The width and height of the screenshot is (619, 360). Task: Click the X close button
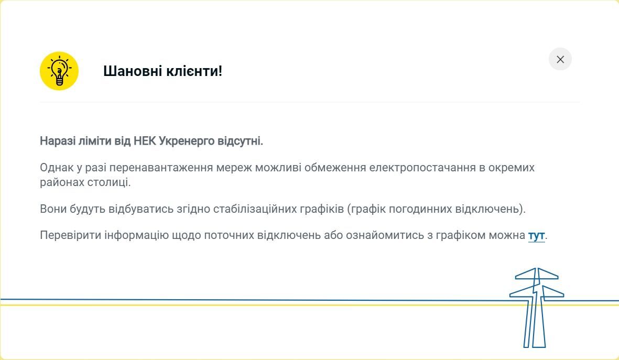coord(560,59)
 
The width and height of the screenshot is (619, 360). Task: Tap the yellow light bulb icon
coord(59,71)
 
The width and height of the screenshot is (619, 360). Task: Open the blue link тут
coord(536,235)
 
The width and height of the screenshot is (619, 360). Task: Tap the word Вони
coord(53,209)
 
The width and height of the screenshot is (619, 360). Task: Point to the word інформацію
coord(136,235)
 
